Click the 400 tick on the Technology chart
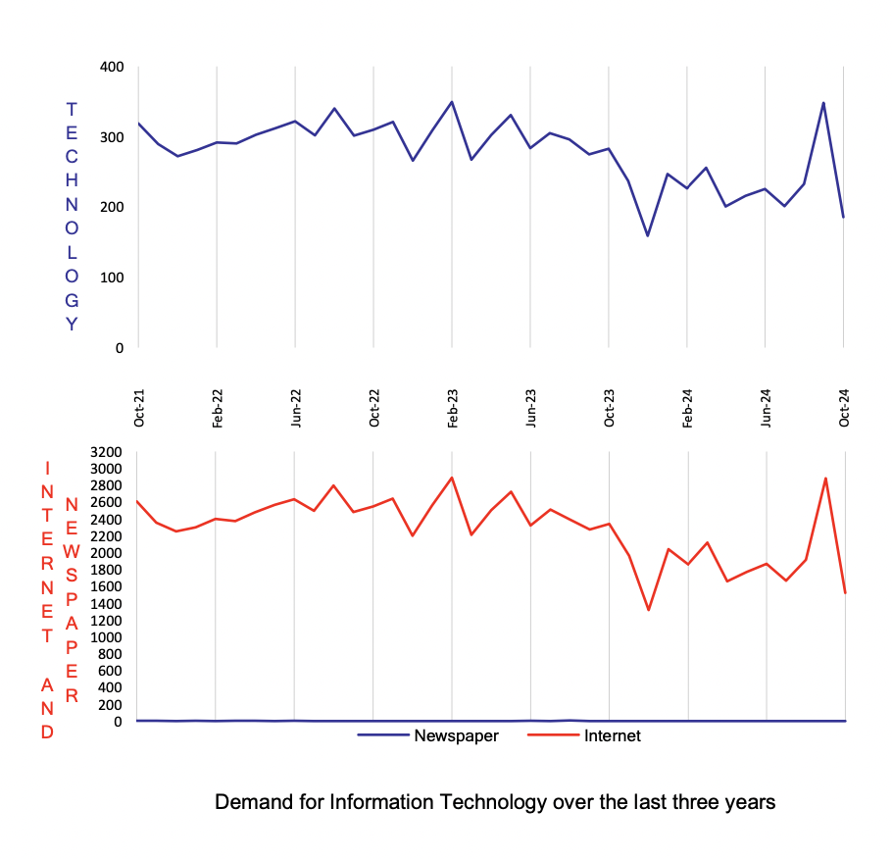coord(111,67)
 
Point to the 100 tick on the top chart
coord(111,277)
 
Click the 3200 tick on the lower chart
coord(105,452)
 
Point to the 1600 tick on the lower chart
coord(105,586)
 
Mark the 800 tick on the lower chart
coord(108,654)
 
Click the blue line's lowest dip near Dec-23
coord(648,235)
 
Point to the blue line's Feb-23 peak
coord(452,101)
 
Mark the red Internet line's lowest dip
coord(649,610)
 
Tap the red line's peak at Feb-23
coord(452,478)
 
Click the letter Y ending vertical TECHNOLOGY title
coord(72,324)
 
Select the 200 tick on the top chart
coord(111,207)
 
